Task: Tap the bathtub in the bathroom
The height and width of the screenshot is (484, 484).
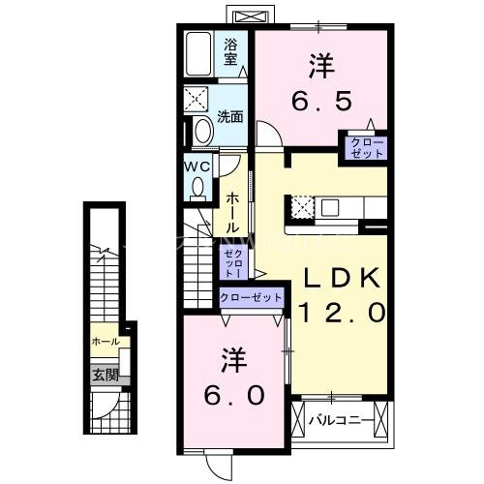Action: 200,56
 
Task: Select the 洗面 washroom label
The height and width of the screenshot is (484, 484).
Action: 229,118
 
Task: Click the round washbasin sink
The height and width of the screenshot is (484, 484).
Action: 204,131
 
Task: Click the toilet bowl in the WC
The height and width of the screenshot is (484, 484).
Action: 199,190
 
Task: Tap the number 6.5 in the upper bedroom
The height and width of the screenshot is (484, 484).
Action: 322,100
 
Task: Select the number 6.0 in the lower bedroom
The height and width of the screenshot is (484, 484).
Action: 231,397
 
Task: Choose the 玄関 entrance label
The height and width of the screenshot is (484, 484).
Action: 104,374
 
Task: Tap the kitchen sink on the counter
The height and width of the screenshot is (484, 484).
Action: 331,206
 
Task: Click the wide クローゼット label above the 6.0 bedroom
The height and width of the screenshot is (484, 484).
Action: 252,298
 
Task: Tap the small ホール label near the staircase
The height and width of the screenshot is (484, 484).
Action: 104,342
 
